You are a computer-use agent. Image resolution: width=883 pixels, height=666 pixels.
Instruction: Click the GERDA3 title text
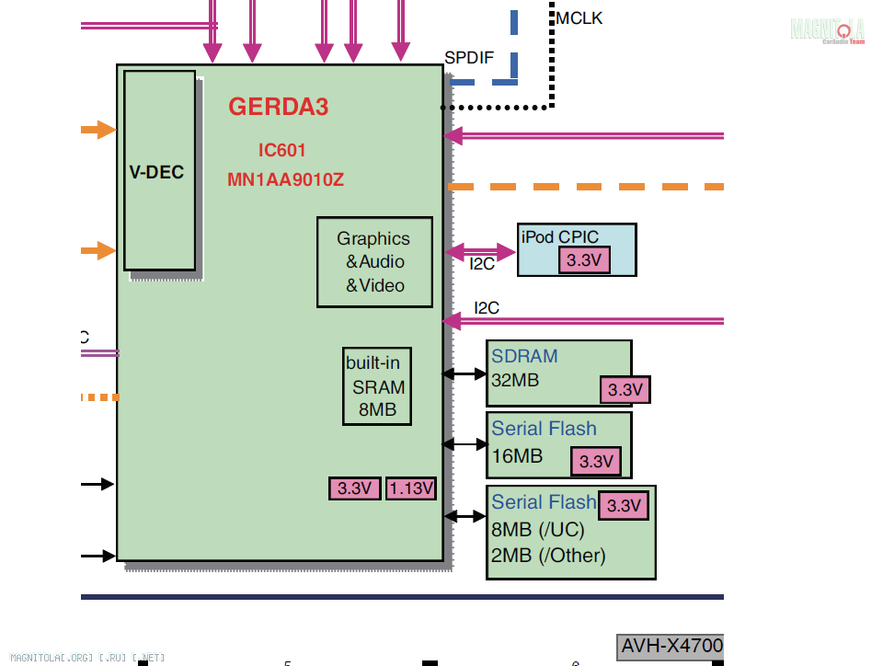pos(278,107)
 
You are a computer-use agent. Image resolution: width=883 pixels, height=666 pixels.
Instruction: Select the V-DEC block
pos(160,171)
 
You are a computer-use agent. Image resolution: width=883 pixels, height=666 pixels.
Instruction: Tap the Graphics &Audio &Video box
pos(374,262)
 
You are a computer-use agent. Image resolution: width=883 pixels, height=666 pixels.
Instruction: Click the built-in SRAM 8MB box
pos(377,386)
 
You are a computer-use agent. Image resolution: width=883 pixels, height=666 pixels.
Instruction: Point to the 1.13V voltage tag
pos(411,488)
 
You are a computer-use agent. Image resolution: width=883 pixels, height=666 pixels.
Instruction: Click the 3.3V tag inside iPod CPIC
pos(584,260)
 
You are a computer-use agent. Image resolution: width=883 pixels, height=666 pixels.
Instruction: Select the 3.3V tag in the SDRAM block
pos(625,389)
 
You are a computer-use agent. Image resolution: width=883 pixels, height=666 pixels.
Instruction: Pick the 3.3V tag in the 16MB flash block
pos(596,461)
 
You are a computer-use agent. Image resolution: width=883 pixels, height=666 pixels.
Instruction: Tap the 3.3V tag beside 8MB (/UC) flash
pos(624,505)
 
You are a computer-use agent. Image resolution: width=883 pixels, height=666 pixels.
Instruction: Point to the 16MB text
pos(517,456)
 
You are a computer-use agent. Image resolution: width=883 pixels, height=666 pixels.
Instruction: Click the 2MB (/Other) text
pos(548,556)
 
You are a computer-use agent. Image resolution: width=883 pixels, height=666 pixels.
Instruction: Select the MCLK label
pos(579,17)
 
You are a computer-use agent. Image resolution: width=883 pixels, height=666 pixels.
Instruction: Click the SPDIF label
pos(469,58)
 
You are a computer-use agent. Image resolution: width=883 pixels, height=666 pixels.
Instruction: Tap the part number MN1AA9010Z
pos(285,179)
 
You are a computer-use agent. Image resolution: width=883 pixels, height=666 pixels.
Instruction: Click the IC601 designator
pos(281,150)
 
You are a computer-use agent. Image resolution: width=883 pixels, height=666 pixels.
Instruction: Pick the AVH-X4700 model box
pos(671,646)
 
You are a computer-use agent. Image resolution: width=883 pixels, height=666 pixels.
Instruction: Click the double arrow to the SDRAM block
pos(464,373)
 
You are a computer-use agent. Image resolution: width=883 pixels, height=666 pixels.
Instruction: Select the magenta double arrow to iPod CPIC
pos(481,250)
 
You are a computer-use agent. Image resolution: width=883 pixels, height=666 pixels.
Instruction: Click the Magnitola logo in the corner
pos(828,29)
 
